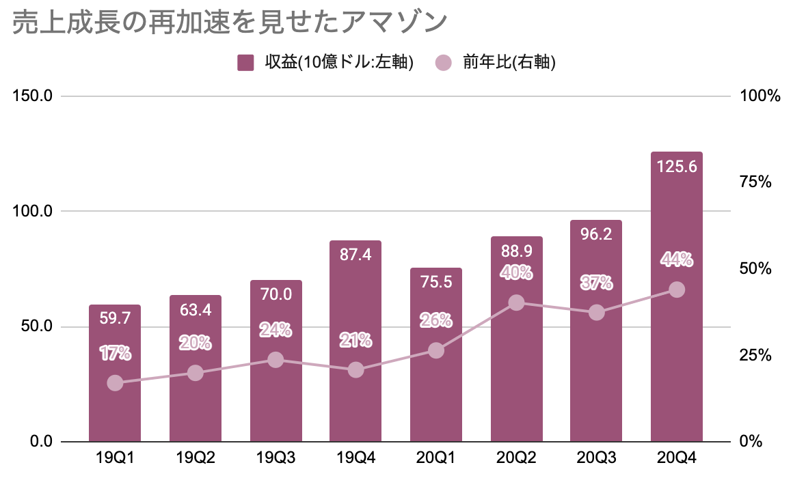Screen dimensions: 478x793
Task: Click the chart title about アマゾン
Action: coord(230,23)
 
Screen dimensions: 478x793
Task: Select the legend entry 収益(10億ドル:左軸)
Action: coord(325,63)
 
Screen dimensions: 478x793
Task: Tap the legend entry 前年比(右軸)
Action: coord(496,63)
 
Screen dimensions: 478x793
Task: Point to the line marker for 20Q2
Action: coord(517,303)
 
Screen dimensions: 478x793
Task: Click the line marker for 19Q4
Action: coord(355,370)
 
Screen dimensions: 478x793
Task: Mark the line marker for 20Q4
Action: coord(677,290)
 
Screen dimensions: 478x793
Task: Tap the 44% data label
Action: coord(677,259)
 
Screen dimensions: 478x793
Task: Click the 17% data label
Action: coord(115,354)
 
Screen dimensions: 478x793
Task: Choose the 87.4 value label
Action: coord(355,255)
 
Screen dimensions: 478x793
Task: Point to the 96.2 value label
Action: coord(597,234)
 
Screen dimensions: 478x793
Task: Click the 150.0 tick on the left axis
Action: coord(33,96)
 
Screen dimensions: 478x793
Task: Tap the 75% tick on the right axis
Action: coord(755,182)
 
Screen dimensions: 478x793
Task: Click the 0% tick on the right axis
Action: coord(751,442)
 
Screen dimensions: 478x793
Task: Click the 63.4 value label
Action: coord(196,309)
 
